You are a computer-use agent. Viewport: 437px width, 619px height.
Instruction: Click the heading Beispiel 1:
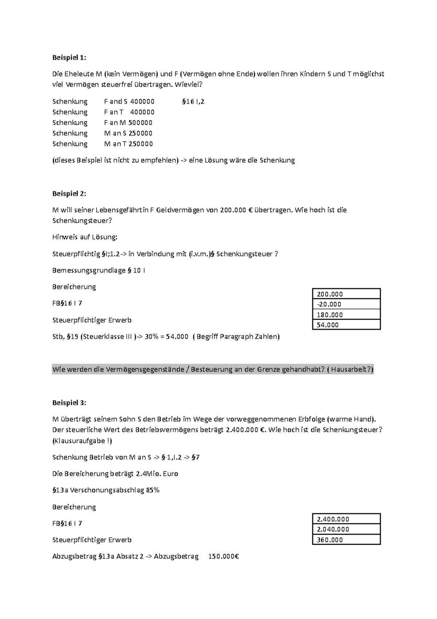click(x=69, y=58)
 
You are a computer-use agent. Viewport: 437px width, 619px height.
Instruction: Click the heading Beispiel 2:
click(x=69, y=194)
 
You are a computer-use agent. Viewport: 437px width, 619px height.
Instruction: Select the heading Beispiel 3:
click(x=69, y=403)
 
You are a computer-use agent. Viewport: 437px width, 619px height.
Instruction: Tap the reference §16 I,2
click(x=193, y=101)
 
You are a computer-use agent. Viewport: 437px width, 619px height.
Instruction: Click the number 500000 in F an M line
click(x=140, y=122)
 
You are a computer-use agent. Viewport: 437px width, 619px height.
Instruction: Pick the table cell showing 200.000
click(x=346, y=294)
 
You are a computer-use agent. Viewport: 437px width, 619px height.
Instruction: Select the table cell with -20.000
click(x=346, y=304)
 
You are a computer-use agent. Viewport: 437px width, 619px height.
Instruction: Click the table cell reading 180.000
click(x=346, y=315)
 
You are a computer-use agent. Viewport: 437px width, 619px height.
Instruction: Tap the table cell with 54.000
click(x=346, y=325)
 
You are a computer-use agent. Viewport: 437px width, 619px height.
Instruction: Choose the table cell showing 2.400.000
click(x=346, y=519)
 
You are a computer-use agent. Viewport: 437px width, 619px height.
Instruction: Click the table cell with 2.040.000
click(x=346, y=529)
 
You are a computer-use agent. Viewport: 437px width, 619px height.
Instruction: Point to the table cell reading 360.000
click(x=346, y=540)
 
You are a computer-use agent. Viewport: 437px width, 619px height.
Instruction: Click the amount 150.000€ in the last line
click(x=223, y=556)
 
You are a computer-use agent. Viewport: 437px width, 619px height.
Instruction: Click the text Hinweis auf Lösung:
click(x=85, y=237)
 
